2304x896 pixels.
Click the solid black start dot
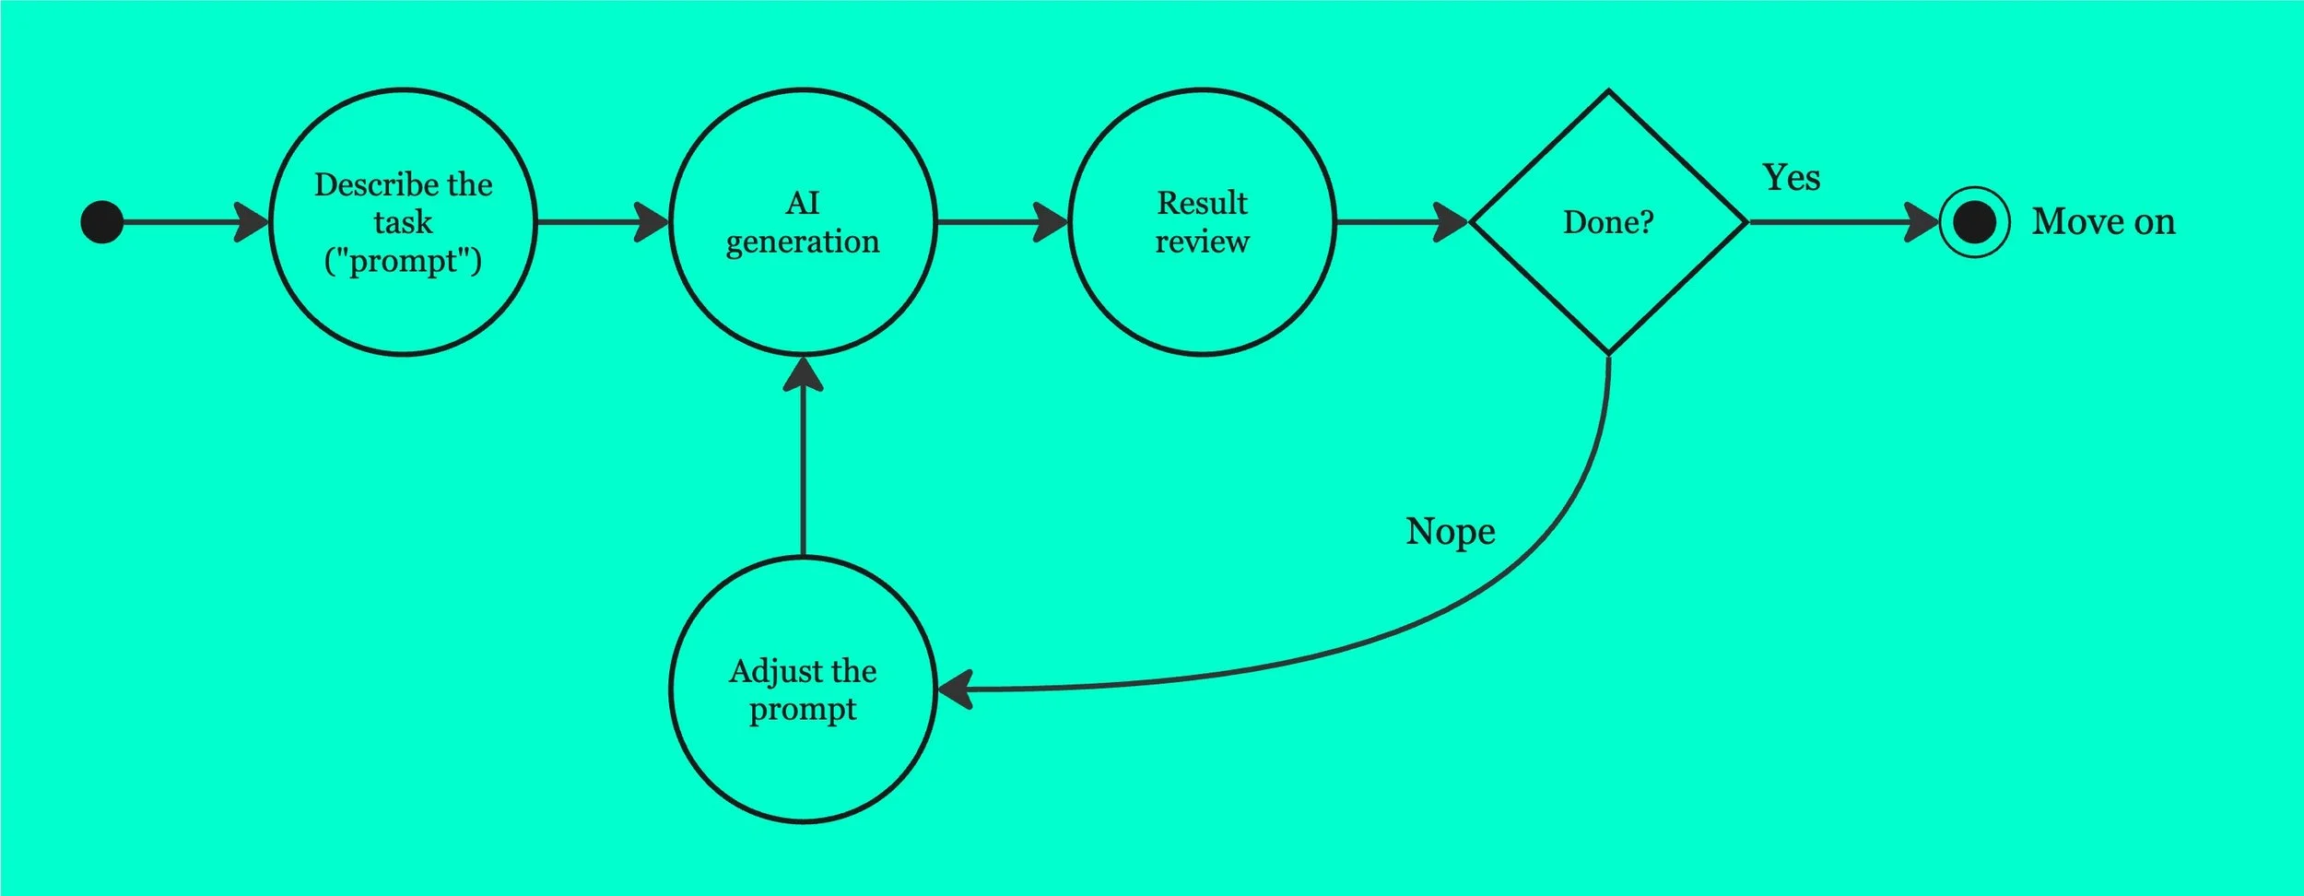click(102, 222)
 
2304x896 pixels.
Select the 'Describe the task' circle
click(403, 222)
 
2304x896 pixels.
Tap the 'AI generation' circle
click(803, 222)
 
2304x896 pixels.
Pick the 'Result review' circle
click(1202, 222)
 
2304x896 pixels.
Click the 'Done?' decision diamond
click(1608, 222)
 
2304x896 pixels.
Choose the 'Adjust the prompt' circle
click(803, 690)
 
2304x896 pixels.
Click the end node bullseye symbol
click(1974, 222)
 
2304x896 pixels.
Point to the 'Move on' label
click(2103, 222)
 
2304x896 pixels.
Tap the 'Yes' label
click(1791, 178)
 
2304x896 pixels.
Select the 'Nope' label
click(1450, 532)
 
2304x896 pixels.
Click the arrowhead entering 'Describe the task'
click(251, 222)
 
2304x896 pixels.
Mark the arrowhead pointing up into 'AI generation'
click(803, 373)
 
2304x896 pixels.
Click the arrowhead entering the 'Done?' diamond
click(1451, 222)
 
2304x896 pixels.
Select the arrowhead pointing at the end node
click(1922, 222)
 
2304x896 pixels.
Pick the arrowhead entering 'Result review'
click(1051, 222)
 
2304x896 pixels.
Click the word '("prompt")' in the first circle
click(403, 261)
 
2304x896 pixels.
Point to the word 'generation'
click(803, 242)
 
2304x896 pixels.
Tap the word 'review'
click(1202, 242)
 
